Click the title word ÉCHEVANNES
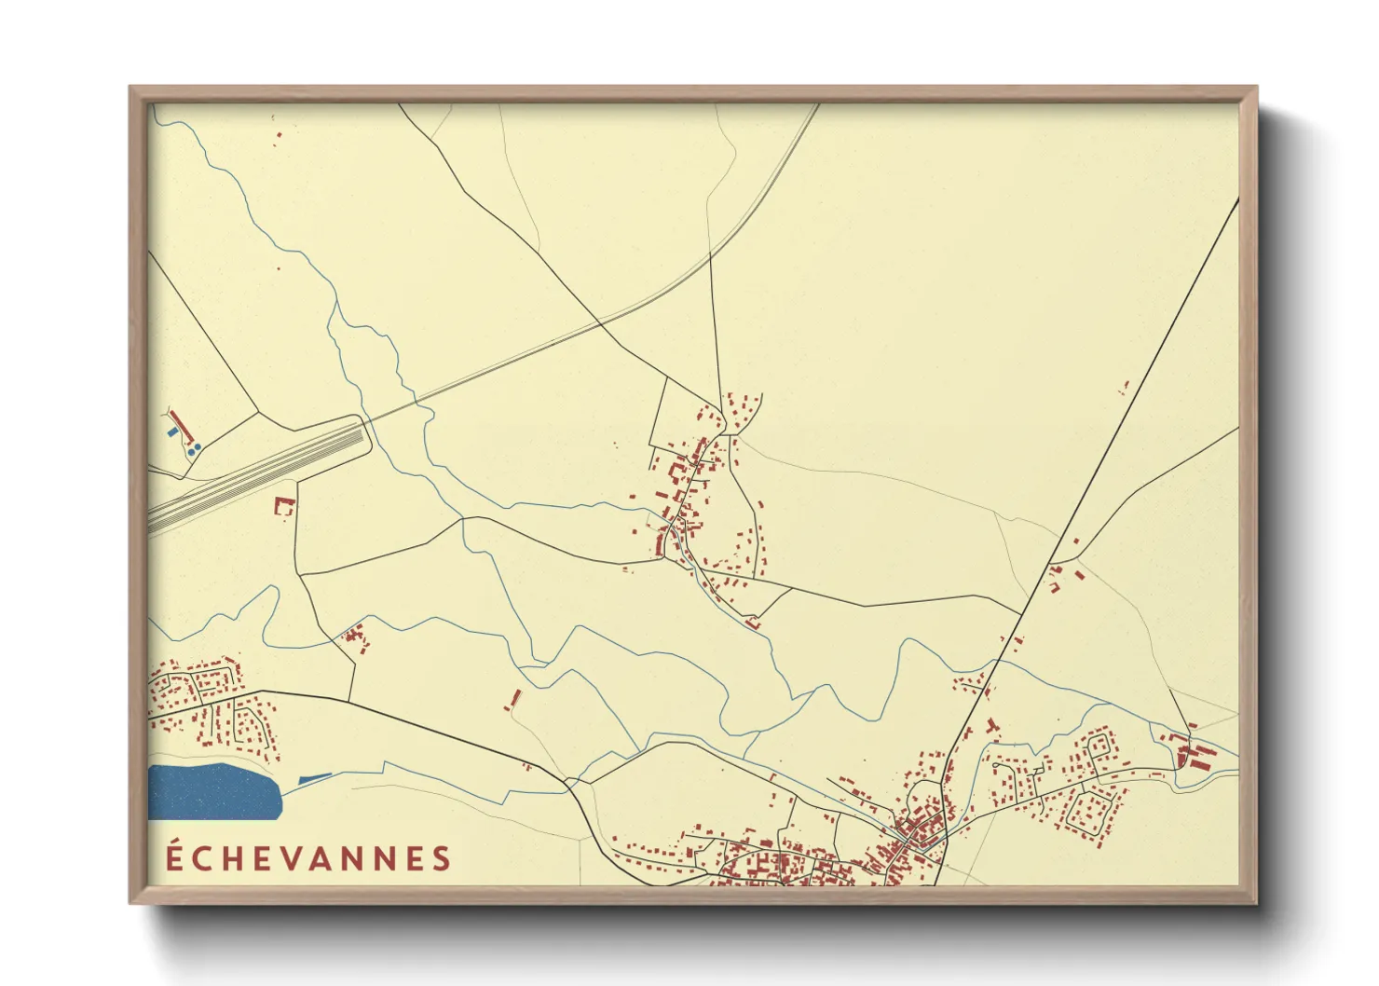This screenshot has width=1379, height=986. pos(308,858)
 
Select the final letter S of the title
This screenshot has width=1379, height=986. pos(442,859)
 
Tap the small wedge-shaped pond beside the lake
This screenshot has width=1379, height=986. pos(314,778)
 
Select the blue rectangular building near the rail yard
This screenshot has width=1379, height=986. pos(171,432)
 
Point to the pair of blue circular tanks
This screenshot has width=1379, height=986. pos(195,449)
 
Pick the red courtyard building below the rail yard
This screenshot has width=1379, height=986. pos(284,506)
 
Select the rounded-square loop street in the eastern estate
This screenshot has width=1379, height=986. pos(1087,812)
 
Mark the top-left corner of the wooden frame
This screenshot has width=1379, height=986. pos(131,89)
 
